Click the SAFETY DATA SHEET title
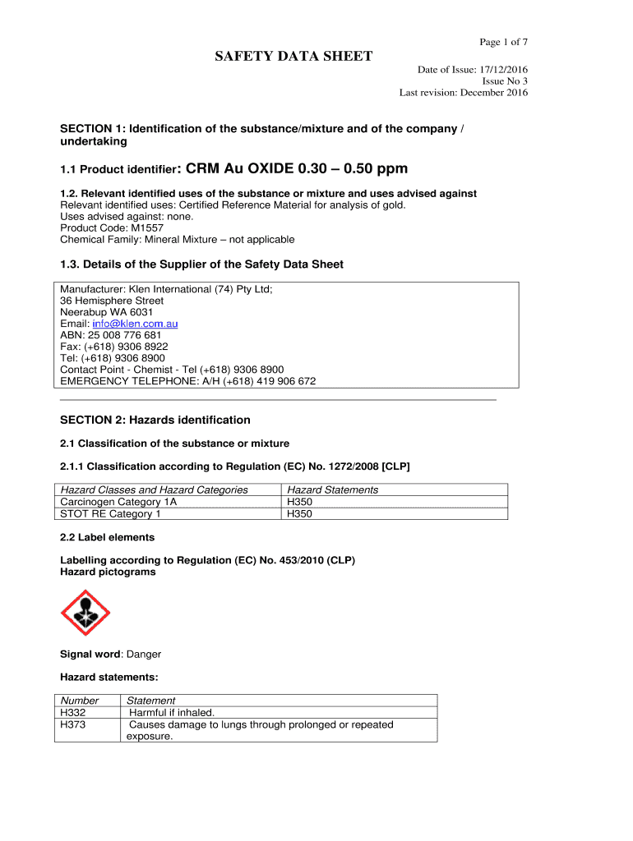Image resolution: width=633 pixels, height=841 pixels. pyautogui.click(x=293, y=57)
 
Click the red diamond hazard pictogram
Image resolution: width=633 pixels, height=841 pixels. pyautogui.click(x=85, y=613)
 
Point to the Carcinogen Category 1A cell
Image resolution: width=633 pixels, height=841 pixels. pyautogui.click(x=118, y=502)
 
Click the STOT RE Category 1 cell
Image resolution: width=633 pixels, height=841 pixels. pyautogui.click(x=110, y=514)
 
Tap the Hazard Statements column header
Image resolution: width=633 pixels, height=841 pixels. pyautogui.click(x=332, y=490)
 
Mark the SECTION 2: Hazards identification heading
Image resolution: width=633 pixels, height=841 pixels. pyautogui.click(x=155, y=420)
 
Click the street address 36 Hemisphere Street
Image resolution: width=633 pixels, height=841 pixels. pyautogui.click(x=112, y=301)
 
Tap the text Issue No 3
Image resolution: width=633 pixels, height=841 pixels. pyautogui.click(x=505, y=81)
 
